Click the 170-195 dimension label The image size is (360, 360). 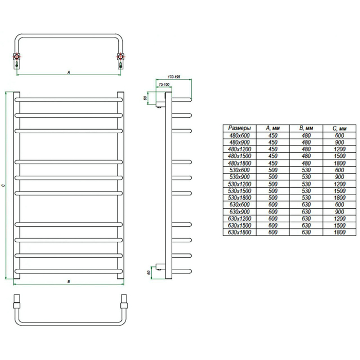(174, 77)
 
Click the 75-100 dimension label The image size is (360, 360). (164, 84)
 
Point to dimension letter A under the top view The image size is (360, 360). (68, 73)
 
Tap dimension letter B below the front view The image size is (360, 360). (68, 281)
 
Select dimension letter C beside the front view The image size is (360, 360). (3, 185)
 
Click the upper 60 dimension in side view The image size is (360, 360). (145, 98)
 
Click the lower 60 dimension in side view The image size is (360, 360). (149, 273)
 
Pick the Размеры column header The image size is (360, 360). (240, 128)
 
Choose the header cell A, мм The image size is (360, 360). (273, 128)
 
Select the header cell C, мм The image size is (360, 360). (339, 129)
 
